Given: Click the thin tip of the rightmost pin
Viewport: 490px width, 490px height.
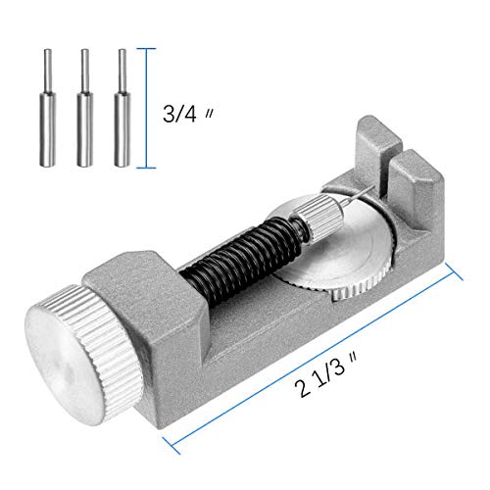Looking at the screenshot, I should tap(122, 62).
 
